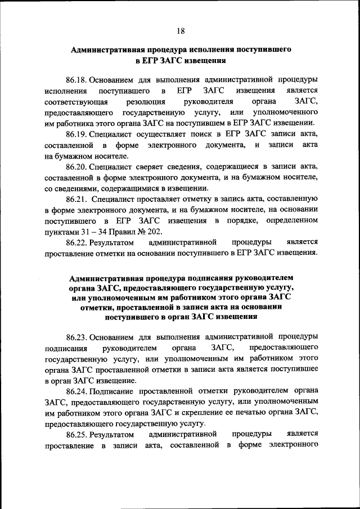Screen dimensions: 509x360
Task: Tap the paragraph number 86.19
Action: pyautogui.click(x=76, y=134)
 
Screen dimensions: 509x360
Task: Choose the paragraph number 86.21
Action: pyautogui.click(x=76, y=199)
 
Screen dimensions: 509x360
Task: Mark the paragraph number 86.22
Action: pyautogui.click(x=76, y=242)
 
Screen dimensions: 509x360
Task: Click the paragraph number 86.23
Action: pyautogui.click(x=76, y=337)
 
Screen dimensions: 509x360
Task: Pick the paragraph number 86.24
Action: pyautogui.click(x=76, y=391)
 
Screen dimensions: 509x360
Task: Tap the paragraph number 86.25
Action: pyautogui.click(x=76, y=434)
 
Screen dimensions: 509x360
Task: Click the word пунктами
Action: pyautogui.click(x=61, y=231)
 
